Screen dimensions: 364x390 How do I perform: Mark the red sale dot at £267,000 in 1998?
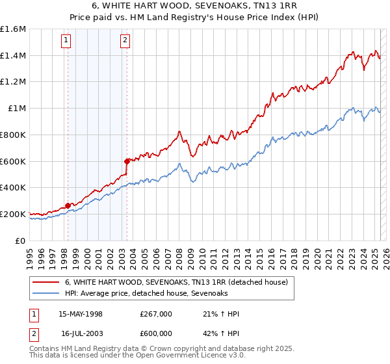point(68,205)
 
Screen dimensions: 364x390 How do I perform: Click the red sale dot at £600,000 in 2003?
point(127,161)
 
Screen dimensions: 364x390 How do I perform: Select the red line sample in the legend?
point(46,283)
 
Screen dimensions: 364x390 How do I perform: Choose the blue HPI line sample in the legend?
point(46,294)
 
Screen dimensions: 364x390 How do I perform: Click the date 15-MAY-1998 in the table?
point(81,314)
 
